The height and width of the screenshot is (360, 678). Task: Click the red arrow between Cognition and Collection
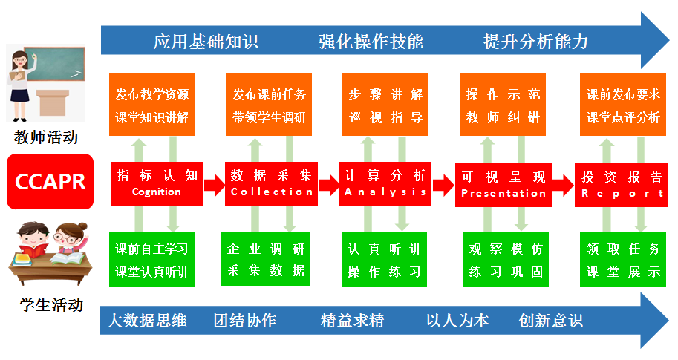[214, 184]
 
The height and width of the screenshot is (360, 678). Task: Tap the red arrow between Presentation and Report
[563, 184]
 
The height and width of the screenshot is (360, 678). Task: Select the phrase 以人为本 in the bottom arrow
[457, 321]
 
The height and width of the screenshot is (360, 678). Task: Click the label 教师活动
[46, 138]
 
